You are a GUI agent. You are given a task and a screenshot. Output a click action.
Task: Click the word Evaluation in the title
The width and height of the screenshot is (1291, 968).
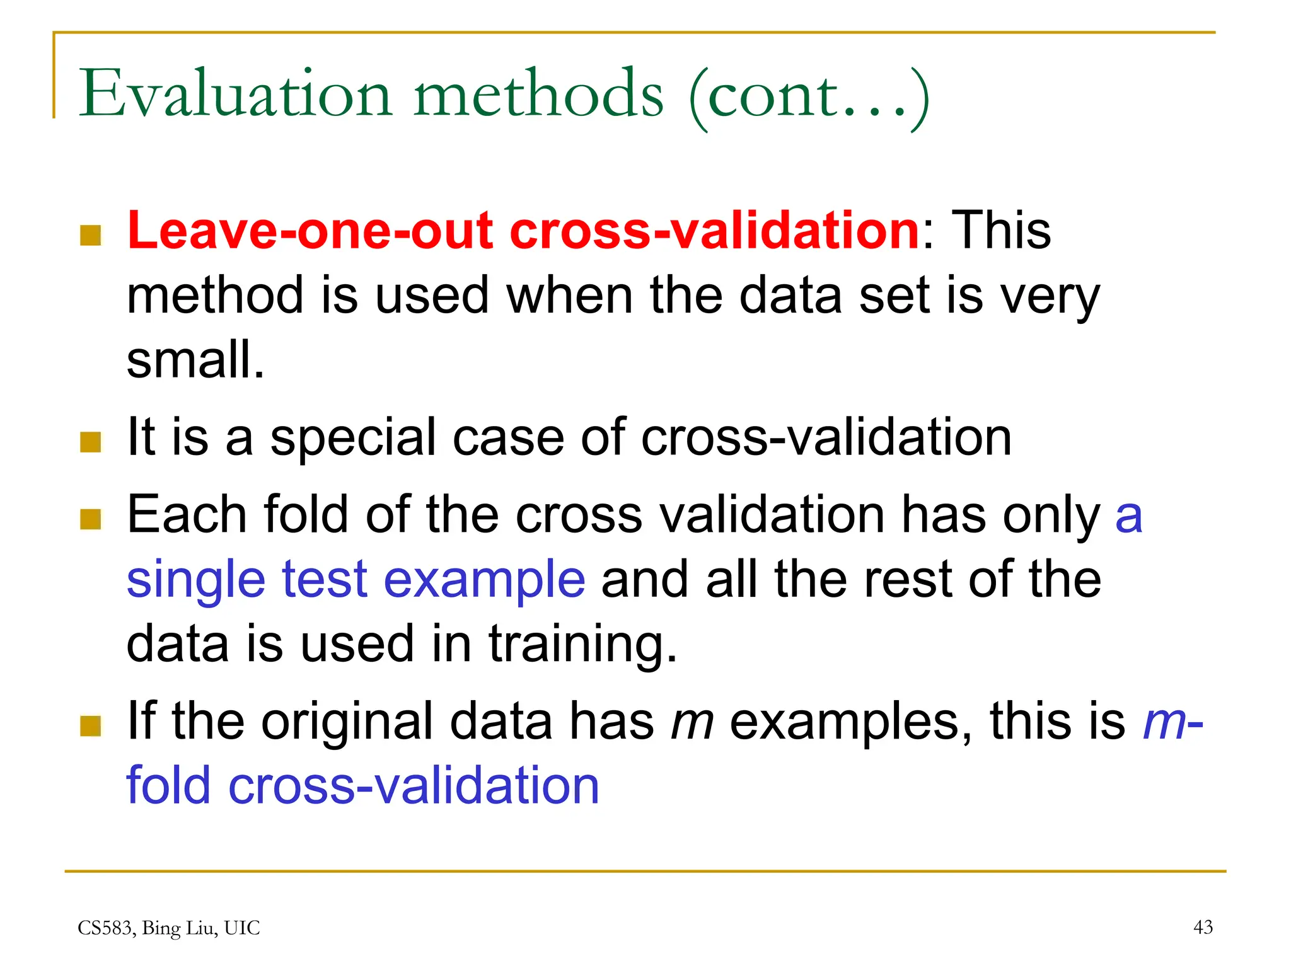[x=236, y=95]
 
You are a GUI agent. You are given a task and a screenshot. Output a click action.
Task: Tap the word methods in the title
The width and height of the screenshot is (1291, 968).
[x=539, y=95]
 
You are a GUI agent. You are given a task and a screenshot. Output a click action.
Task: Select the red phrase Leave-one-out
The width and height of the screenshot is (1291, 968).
[x=310, y=231]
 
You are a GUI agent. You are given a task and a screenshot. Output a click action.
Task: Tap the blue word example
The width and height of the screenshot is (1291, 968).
[x=484, y=580]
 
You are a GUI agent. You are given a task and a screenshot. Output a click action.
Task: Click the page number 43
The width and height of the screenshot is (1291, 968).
[x=1203, y=927]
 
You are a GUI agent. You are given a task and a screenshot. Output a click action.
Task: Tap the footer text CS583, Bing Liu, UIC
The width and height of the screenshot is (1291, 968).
[x=169, y=928]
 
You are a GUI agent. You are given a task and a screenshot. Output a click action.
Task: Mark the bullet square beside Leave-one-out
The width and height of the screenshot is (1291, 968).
[x=91, y=236]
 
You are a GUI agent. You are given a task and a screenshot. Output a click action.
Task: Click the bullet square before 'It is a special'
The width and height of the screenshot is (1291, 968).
[x=91, y=442]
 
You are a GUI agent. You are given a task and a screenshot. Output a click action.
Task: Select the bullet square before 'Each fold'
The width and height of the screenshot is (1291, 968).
[x=91, y=520]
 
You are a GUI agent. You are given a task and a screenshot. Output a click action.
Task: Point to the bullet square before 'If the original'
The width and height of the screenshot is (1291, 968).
[x=91, y=726]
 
